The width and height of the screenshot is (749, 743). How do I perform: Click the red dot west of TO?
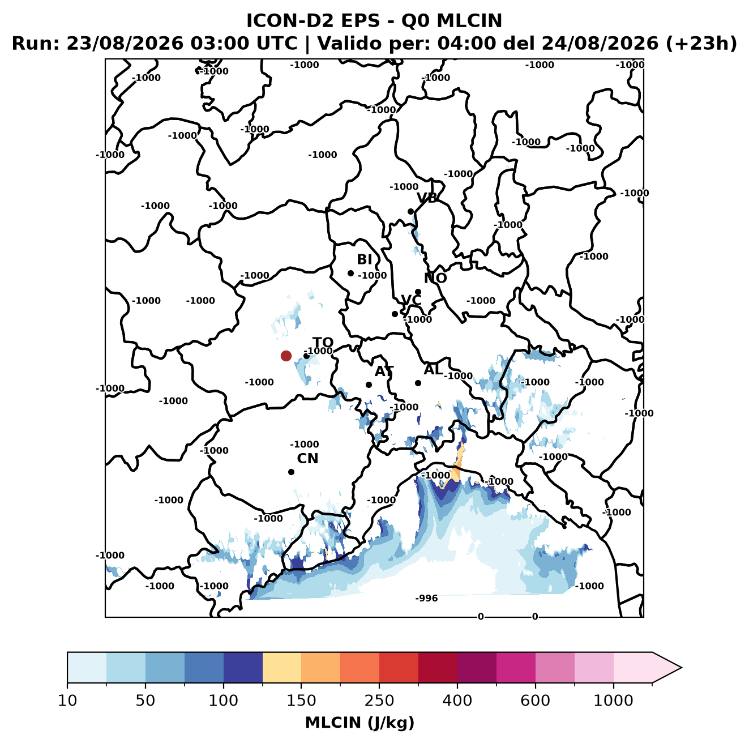pyautogui.click(x=286, y=356)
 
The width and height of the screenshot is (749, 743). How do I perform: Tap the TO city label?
pyautogui.click(x=323, y=343)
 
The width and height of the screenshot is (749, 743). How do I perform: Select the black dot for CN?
pyautogui.click(x=291, y=472)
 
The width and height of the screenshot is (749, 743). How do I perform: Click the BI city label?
pyautogui.click(x=364, y=259)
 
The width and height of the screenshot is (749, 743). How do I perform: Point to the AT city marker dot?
pyautogui.click(x=369, y=385)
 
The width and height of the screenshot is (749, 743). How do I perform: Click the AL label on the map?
pyautogui.click(x=433, y=369)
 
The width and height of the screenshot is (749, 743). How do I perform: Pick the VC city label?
pyautogui.click(x=411, y=300)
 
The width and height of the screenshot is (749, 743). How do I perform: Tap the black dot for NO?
pyautogui.click(x=418, y=292)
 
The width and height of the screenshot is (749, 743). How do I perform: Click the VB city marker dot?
pyautogui.click(x=410, y=211)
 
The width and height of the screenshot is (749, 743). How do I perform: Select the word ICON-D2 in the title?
pyautogui.click(x=290, y=20)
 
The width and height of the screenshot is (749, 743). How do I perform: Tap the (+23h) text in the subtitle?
pyautogui.click(x=701, y=44)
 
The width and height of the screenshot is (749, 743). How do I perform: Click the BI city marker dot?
pyautogui.click(x=350, y=273)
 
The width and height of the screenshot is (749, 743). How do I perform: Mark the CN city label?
pyautogui.click(x=307, y=458)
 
